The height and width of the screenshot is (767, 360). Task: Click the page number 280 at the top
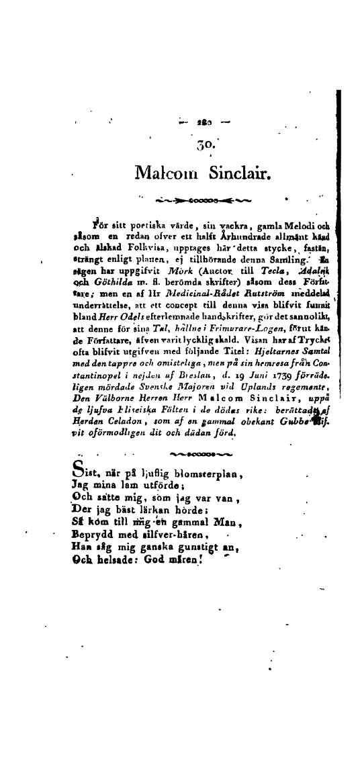point(199,122)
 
